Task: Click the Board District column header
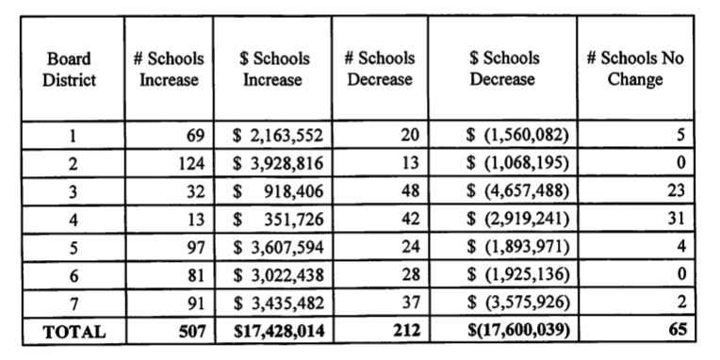[x=70, y=69]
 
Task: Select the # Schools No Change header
[x=634, y=69]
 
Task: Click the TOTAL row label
[x=71, y=332]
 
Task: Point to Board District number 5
[x=71, y=248]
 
